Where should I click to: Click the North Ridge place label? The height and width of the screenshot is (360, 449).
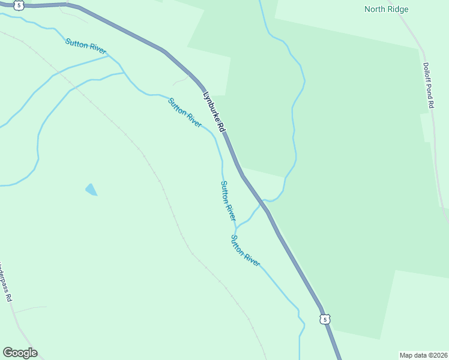[x=387, y=9]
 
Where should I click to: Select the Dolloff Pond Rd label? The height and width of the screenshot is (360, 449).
[x=428, y=85]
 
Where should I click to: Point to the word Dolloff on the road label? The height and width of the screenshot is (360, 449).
[x=426, y=71]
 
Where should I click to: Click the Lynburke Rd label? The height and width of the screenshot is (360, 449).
[x=213, y=112]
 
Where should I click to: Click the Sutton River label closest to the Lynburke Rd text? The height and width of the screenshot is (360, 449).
[x=185, y=112]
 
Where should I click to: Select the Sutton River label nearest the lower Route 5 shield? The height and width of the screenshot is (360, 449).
[x=245, y=250]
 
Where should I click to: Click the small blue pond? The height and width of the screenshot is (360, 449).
[x=91, y=190]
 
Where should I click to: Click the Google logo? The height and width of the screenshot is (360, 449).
[x=20, y=353]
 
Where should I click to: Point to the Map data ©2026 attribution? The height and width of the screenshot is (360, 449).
[x=423, y=355]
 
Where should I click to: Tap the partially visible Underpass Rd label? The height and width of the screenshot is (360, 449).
[x=5, y=282]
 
